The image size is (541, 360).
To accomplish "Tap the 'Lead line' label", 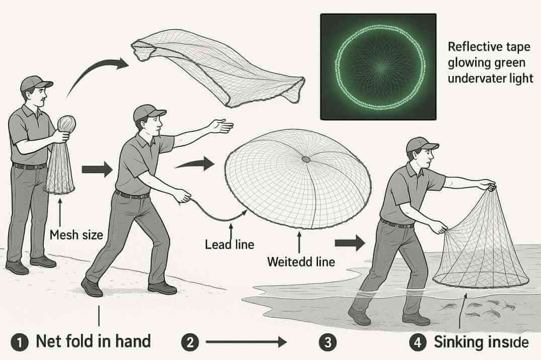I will (x=229, y=245).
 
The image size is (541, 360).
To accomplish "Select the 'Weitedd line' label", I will (x=300, y=261).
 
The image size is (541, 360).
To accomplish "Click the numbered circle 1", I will (x=19, y=343).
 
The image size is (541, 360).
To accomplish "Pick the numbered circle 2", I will (x=190, y=343).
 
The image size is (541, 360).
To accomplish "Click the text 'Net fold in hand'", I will (x=94, y=342).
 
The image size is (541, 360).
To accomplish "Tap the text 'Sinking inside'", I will (x=481, y=342).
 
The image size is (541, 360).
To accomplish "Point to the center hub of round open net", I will (x=305, y=159).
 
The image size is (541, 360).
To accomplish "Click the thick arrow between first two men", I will (x=97, y=169).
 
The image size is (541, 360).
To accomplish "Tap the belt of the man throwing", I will (x=132, y=195).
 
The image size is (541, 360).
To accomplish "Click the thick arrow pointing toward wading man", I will (x=350, y=243).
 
